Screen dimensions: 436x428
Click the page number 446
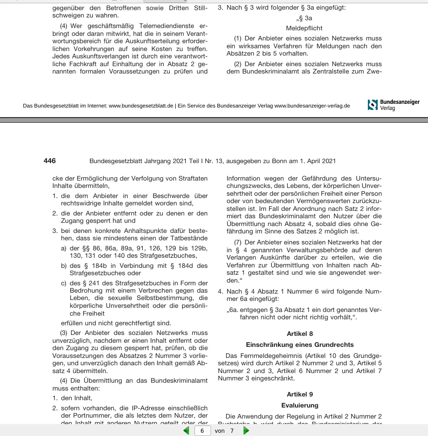pos(50,161)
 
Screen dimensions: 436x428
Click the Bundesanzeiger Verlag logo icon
pos(372,105)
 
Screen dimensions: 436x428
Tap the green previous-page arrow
pos(186,430)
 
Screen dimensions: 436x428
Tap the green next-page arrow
pos(246,430)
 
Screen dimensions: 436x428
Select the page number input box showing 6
pos(202,430)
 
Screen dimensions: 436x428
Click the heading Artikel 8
pos(300,334)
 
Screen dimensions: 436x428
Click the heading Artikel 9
pos(300,394)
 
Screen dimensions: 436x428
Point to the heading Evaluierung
pos(300,405)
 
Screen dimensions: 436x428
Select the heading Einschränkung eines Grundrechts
pos(300,344)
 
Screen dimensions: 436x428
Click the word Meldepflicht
pos(305,28)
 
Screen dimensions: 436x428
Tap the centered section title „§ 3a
pos(304,18)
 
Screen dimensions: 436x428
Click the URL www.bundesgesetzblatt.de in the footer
pos(141,106)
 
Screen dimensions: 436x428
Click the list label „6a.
pos(233,309)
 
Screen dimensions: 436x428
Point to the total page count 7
pos(232,430)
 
